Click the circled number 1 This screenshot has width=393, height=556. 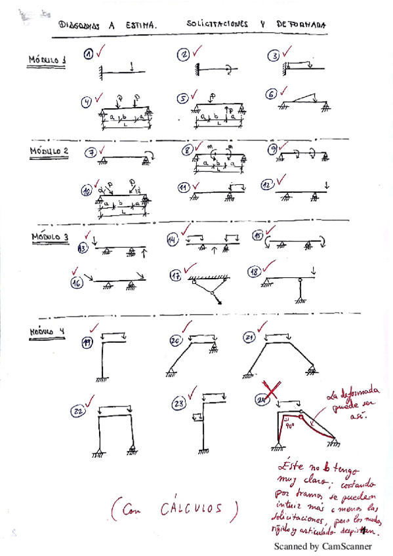click(89, 56)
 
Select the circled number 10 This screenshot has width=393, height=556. click(86, 191)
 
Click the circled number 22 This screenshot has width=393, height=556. click(78, 411)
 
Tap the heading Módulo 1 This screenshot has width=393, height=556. click(47, 61)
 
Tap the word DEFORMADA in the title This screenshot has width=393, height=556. click(300, 24)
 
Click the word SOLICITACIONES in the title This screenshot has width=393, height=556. click(217, 24)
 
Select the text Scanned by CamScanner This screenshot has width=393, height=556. click(322, 546)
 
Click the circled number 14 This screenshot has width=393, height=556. click(173, 240)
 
